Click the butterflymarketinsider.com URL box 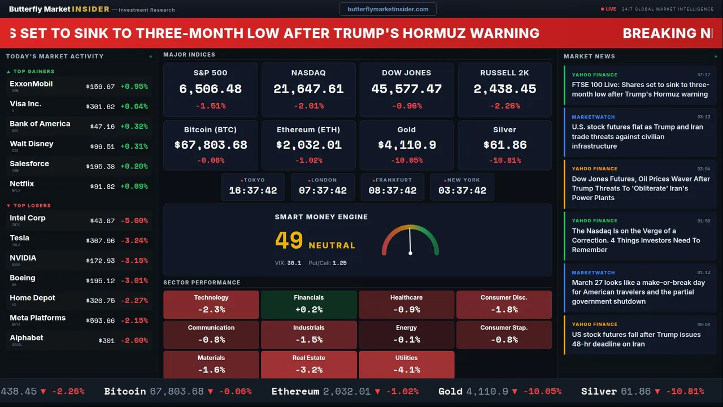(x=387, y=9)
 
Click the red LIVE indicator (x=609, y=9)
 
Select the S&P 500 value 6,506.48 (x=210, y=89)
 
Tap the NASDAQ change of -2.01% (x=308, y=106)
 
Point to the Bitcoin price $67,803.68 (x=210, y=145)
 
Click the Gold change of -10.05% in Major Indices (x=406, y=161)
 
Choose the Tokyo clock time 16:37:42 (x=252, y=190)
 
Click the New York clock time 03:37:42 (x=462, y=190)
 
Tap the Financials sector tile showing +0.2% (x=308, y=304)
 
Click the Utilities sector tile (x=406, y=365)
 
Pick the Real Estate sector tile (x=308, y=365)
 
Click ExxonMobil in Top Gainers (x=31, y=84)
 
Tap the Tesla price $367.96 (x=100, y=241)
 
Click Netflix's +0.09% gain (x=134, y=187)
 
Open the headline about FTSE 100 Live (x=639, y=90)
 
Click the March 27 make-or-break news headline (x=638, y=292)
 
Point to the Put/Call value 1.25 (x=339, y=263)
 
